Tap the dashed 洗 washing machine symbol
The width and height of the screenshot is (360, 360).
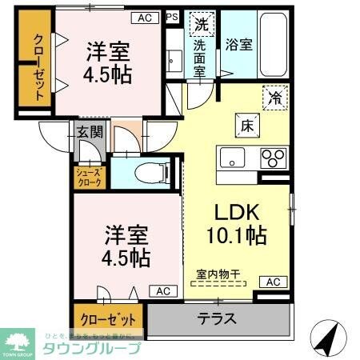pos(200,24)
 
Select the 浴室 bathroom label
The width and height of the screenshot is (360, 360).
pos(240,45)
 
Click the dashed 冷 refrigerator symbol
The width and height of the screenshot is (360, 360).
pos(274,99)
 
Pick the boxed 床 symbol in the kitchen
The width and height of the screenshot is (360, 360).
pos(243,125)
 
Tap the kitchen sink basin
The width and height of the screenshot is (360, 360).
pos(232,158)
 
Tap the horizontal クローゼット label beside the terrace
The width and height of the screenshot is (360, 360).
pos(108,318)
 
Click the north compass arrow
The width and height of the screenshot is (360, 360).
pos(328,336)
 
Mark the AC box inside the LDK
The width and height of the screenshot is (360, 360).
pos(273,282)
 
